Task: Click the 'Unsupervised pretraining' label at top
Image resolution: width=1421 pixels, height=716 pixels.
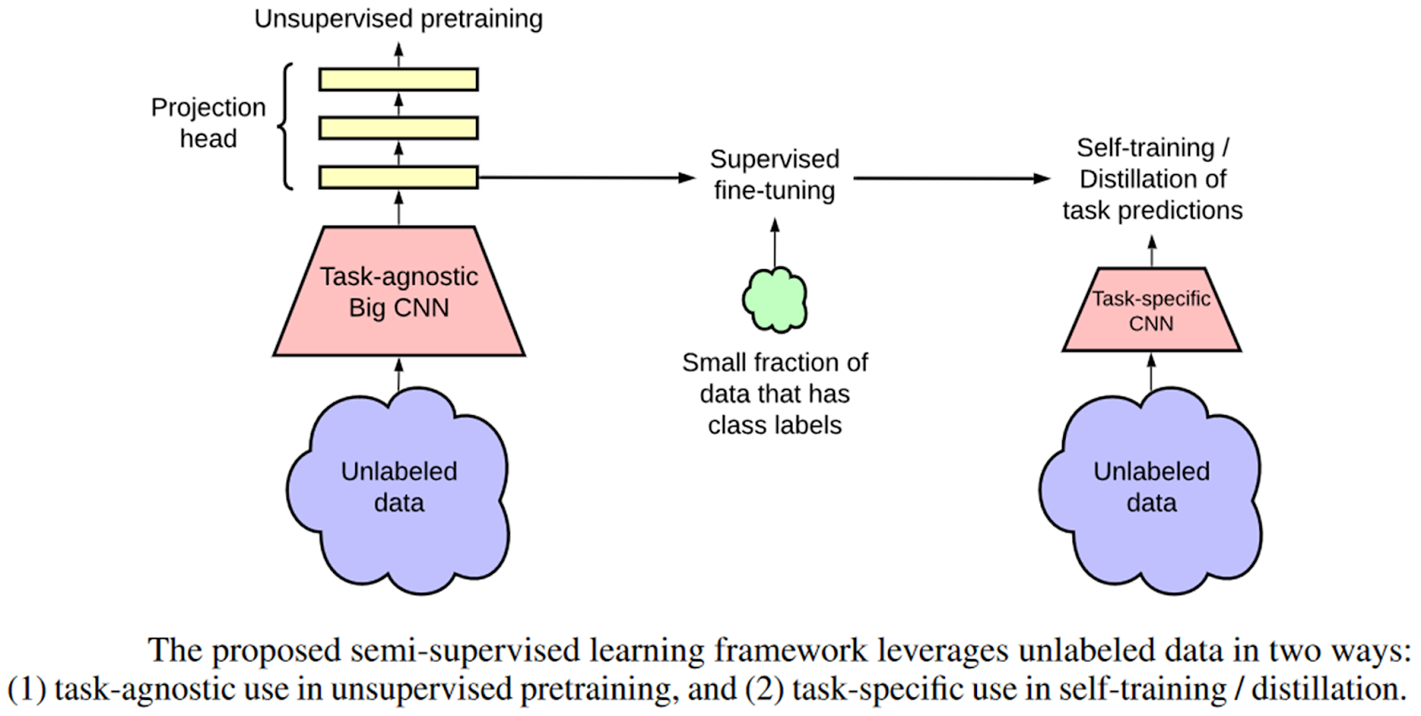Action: (398, 19)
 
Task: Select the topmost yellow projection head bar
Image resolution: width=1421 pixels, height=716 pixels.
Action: (398, 79)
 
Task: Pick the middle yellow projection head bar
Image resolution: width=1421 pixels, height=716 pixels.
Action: (398, 128)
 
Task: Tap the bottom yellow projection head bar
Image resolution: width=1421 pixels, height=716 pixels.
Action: (398, 178)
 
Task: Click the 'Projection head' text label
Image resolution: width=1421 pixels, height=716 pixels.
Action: (208, 123)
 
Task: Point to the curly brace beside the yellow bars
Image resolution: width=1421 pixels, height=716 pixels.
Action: (285, 126)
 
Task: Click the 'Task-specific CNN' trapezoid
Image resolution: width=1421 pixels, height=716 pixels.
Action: (1151, 310)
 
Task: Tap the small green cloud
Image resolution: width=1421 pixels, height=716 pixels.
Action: (774, 299)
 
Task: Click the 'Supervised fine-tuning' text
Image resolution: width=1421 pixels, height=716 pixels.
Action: (774, 174)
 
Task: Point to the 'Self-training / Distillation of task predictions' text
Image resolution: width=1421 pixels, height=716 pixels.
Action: (1152, 179)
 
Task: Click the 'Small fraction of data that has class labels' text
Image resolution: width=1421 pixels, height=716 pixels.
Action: (774, 394)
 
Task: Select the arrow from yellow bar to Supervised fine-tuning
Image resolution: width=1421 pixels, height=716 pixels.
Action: (586, 178)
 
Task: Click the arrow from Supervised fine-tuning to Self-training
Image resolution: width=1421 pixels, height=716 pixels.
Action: (950, 178)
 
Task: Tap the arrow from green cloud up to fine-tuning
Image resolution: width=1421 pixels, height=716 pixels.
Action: (774, 242)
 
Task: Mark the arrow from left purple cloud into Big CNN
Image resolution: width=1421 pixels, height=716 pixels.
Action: (398, 374)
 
